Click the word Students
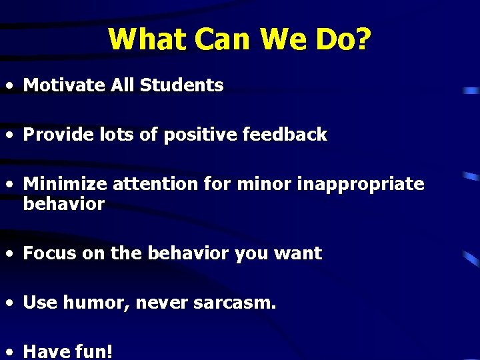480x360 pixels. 182,85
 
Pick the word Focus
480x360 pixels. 49,253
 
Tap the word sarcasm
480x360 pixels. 234,303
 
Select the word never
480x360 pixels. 162,303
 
